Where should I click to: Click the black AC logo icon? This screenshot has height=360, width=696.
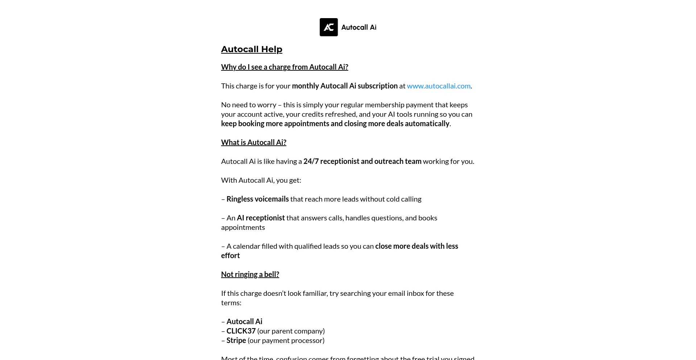click(x=328, y=27)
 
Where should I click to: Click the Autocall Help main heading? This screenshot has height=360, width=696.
click(x=252, y=49)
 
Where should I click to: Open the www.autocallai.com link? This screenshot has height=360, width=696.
click(x=438, y=86)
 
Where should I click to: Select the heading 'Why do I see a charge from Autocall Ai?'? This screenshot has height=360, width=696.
click(x=285, y=67)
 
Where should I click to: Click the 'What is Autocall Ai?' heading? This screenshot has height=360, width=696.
click(x=253, y=142)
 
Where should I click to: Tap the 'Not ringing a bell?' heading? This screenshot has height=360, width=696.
click(x=250, y=274)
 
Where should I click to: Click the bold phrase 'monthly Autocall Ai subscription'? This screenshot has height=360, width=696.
click(x=344, y=86)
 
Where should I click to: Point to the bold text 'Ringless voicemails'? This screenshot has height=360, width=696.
click(x=257, y=199)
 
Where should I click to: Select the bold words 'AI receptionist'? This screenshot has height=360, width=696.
click(x=261, y=218)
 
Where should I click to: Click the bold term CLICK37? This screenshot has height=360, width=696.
click(x=241, y=331)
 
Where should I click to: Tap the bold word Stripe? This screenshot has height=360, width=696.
click(x=236, y=340)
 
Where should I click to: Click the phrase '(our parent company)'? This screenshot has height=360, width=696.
click(x=291, y=331)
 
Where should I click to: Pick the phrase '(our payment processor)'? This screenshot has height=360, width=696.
click(x=286, y=340)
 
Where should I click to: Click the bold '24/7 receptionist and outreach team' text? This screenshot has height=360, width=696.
click(x=362, y=161)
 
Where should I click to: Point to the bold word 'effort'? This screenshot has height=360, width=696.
click(x=230, y=256)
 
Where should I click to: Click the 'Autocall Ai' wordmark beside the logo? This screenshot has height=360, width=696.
click(x=359, y=27)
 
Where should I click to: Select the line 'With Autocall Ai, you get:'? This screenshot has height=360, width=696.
click(x=261, y=180)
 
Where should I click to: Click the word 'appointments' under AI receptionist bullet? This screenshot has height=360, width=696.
click(x=243, y=227)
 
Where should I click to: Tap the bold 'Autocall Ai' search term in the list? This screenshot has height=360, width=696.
click(x=244, y=322)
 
